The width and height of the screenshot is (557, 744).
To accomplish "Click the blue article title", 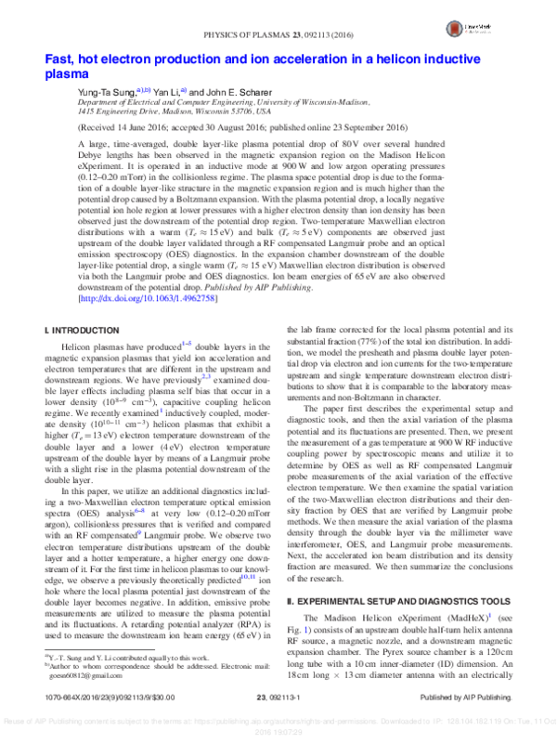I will tap(251, 67).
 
